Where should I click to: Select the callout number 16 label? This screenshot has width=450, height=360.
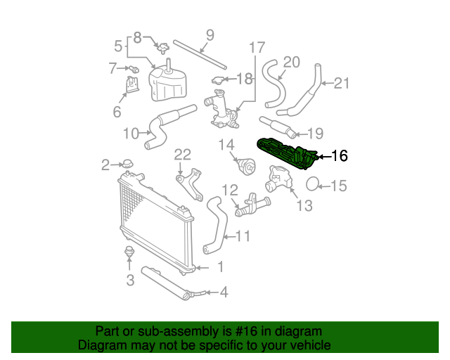click(339, 156)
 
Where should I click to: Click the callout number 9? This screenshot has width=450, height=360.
click(210, 36)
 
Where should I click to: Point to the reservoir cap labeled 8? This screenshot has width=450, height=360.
click(163, 49)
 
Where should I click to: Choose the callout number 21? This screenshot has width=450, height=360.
click(340, 84)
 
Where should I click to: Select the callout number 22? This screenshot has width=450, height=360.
click(183, 155)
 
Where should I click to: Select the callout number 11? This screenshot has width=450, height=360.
click(242, 237)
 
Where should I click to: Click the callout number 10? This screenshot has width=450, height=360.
click(131, 133)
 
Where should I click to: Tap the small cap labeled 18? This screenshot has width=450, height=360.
click(219, 82)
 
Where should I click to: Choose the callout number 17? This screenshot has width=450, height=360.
click(257, 49)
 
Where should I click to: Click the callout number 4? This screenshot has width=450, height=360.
click(224, 291)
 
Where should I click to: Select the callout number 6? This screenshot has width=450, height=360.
click(117, 111)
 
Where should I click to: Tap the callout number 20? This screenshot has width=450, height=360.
click(291, 62)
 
